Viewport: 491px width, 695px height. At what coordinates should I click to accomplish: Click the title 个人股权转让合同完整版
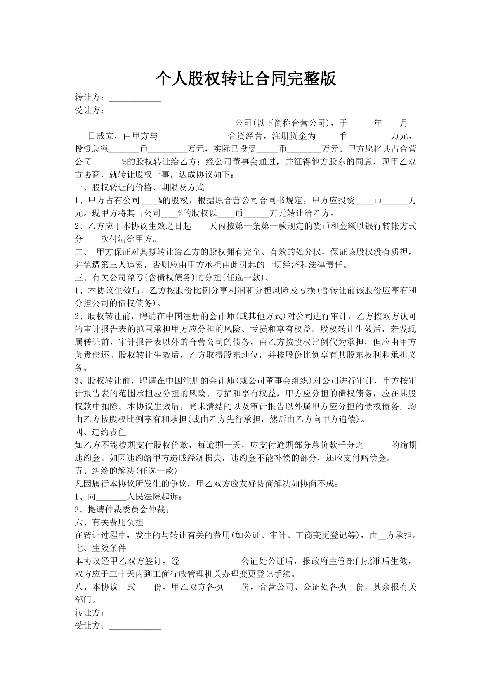[x=245, y=78]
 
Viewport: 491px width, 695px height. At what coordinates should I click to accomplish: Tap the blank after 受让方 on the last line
[x=135, y=626]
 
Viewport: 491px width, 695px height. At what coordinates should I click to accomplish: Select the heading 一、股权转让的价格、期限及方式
[x=139, y=187]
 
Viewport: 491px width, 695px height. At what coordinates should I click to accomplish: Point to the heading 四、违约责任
[x=100, y=432]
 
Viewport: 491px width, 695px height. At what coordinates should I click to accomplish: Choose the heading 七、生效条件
[x=100, y=548]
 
